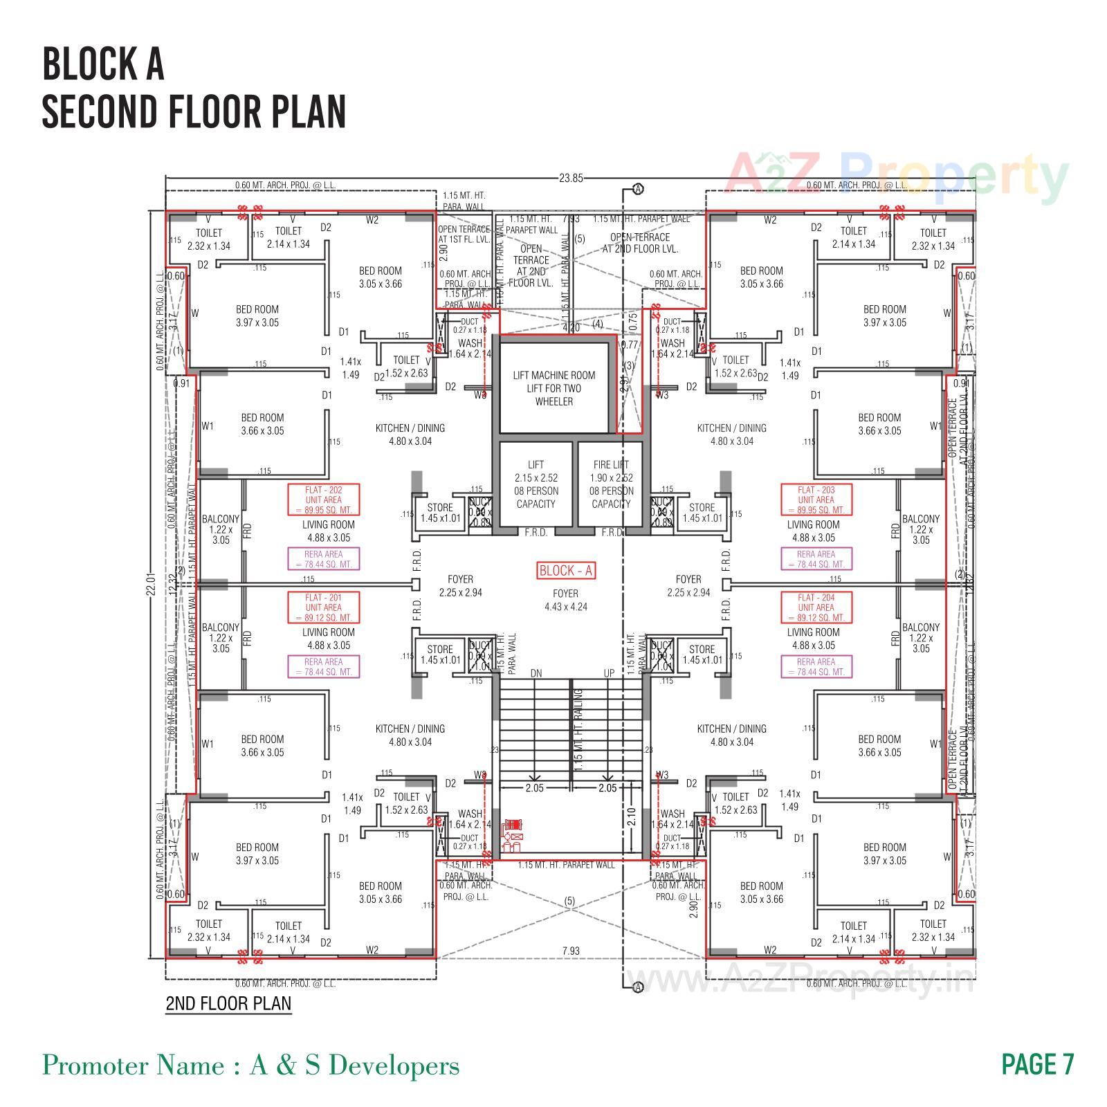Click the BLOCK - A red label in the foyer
[x=565, y=571]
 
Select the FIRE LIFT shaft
[x=611, y=484]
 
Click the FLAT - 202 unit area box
[x=323, y=500]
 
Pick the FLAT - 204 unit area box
[x=816, y=607]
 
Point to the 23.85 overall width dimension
[x=571, y=179]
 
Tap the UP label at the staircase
[x=609, y=673]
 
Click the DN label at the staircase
[x=536, y=673]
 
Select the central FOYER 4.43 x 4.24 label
[x=565, y=600]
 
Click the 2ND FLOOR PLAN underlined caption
[x=228, y=1003]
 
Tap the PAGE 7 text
[x=1038, y=1064]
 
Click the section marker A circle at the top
[x=638, y=189]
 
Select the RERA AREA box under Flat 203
[x=816, y=559]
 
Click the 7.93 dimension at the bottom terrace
[x=571, y=951]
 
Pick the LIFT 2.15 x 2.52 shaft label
[x=536, y=484]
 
